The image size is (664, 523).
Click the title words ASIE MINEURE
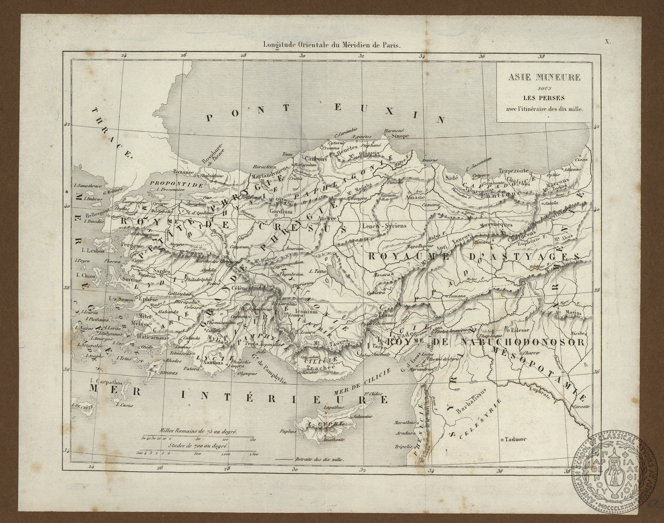pos(544,77)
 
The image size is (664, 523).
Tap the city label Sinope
pos(400,136)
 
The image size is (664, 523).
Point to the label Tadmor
pos(516,439)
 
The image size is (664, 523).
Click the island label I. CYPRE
pos(325,424)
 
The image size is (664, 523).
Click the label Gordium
pos(281,211)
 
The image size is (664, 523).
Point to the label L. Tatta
pos(318,271)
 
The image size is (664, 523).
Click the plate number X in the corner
pos(608,42)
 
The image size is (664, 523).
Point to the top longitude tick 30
pos(302,56)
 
